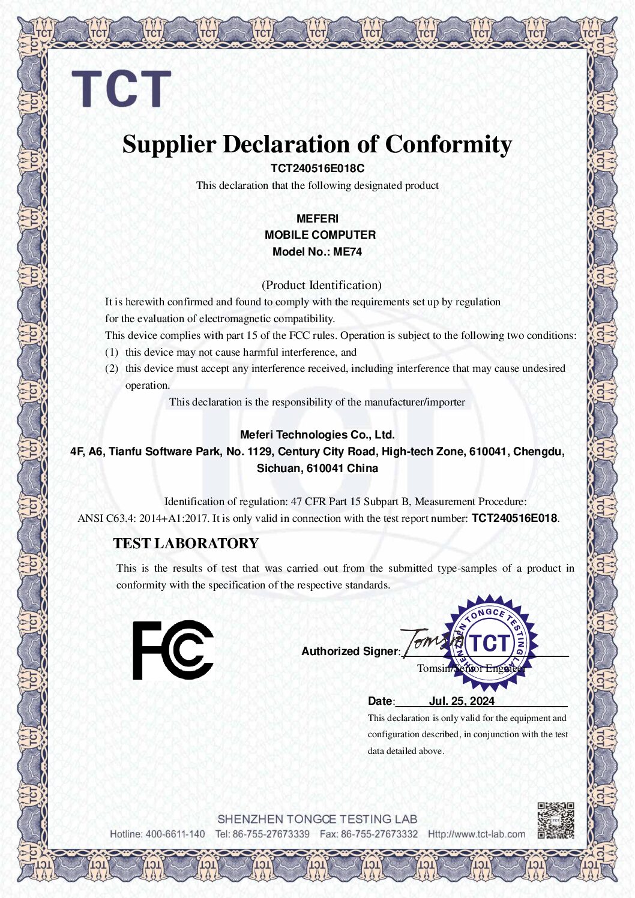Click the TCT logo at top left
[122, 89]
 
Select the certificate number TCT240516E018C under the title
[317, 169]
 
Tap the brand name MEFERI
[317, 218]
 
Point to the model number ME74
[348, 252]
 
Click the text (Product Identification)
[321, 285]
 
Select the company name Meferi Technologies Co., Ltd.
[317, 435]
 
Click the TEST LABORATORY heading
[185, 543]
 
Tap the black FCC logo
[173, 650]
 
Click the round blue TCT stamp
[490, 642]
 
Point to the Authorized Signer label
[350, 651]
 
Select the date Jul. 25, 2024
[462, 701]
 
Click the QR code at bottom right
[555, 820]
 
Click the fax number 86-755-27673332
[379, 834]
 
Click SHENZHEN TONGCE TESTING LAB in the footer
[317, 819]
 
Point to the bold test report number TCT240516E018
[514, 518]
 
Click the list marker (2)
[112, 368]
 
